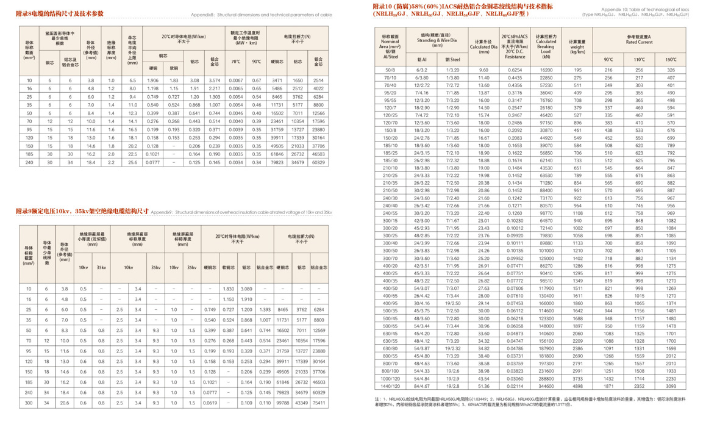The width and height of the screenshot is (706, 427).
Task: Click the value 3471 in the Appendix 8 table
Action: tap(277, 81)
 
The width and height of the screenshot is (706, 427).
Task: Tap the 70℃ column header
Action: tap(236, 62)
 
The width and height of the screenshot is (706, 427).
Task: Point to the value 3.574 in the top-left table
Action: tap(215, 81)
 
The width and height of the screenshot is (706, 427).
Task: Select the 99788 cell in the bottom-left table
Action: tap(283, 403)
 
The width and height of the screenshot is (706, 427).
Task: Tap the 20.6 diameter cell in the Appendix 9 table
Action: tap(65, 403)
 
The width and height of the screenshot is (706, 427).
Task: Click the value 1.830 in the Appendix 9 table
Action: tap(229, 289)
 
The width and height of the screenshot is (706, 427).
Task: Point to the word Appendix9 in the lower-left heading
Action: tap(161, 212)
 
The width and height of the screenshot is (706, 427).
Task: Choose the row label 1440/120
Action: tap(390, 386)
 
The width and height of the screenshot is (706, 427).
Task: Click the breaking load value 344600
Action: tap(546, 386)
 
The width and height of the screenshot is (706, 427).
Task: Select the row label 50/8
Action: tap(390, 71)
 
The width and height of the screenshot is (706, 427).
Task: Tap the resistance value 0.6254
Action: tap(515, 71)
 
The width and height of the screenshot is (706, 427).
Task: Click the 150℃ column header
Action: tap(671, 60)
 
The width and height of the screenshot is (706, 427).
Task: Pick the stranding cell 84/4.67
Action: tap(421, 386)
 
